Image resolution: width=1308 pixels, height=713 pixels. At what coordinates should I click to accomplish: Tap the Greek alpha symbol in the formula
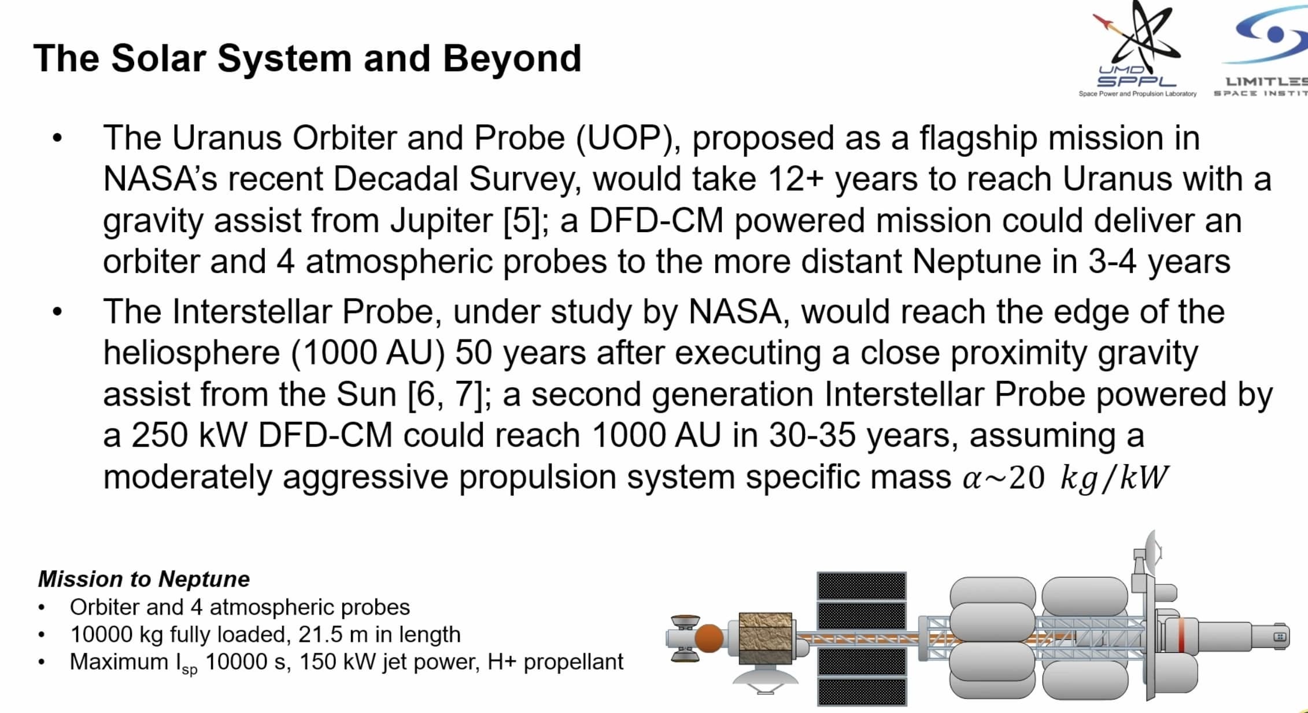pyautogui.click(x=973, y=479)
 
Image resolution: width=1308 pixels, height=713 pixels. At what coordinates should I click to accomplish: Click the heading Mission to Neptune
pyautogui.click(x=144, y=579)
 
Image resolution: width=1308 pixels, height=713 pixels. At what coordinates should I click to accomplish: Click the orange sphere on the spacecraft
pyautogui.click(x=708, y=638)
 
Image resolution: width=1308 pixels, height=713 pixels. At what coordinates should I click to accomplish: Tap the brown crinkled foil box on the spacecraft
pyautogui.click(x=765, y=638)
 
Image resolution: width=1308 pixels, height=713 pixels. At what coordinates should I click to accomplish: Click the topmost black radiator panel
pyautogui.click(x=861, y=586)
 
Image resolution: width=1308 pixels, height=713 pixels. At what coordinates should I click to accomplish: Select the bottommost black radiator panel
pyautogui.click(x=861, y=692)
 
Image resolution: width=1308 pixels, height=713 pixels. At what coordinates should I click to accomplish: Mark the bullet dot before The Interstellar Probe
pyautogui.click(x=57, y=313)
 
